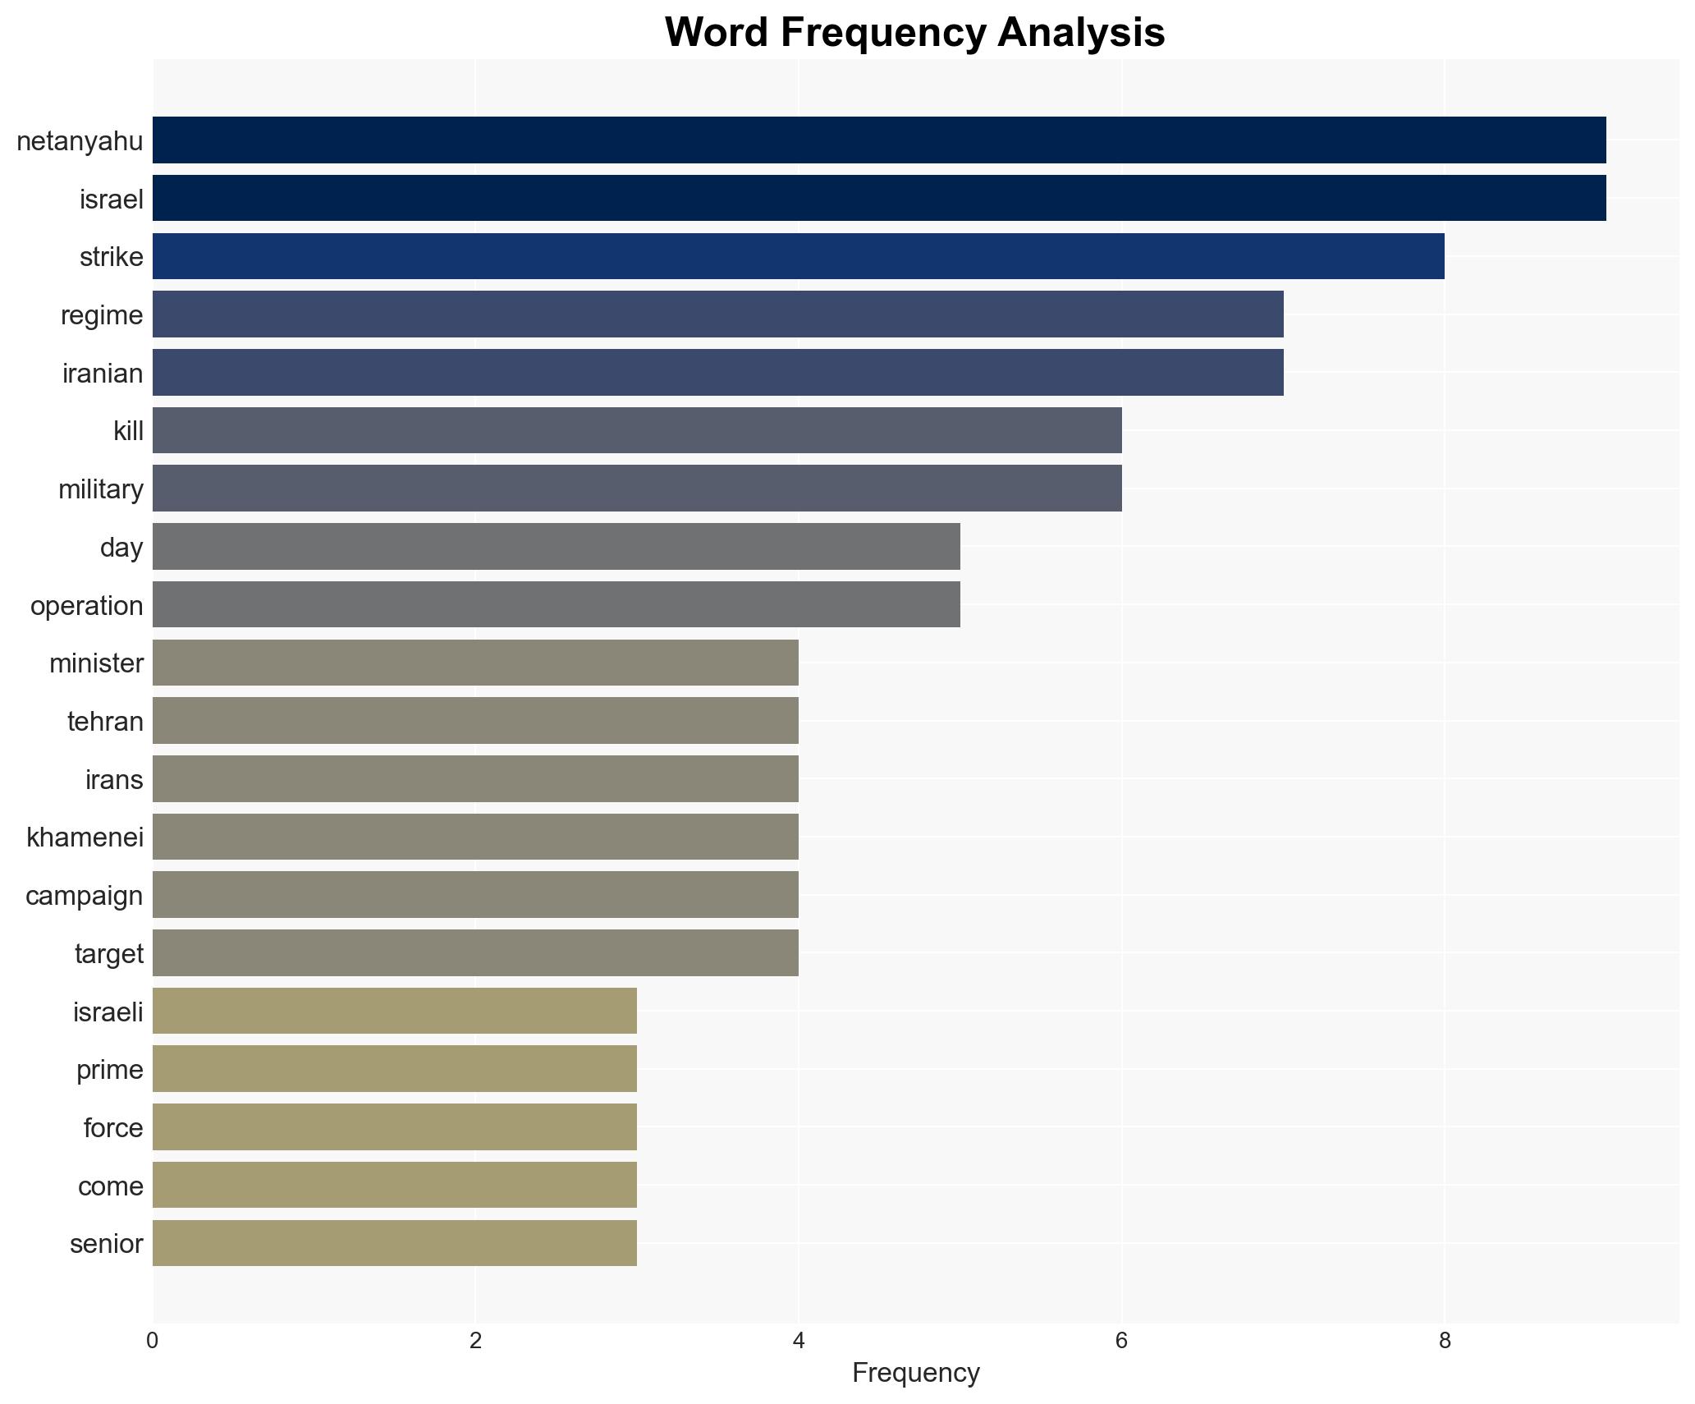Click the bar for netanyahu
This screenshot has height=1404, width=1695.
[x=878, y=140]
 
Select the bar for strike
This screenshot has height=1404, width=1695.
[x=798, y=256]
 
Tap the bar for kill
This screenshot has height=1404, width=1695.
[x=637, y=430]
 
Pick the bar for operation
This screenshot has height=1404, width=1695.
[x=556, y=604]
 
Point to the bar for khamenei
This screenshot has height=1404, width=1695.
[x=475, y=837]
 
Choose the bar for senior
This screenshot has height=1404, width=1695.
[x=394, y=1243]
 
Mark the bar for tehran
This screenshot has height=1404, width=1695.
[x=475, y=721]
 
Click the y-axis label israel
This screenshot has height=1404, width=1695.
[x=112, y=200]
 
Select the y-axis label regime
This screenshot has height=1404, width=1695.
[x=102, y=315]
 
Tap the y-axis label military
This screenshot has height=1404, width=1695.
[x=101, y=489]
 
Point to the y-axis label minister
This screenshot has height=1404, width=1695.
[x=96, y=663]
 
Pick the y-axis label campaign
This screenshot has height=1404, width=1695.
[x=85, y=896]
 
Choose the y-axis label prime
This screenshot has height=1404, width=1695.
[x=110, y=1070]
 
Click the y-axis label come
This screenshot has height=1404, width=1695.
[x=111, y=1186]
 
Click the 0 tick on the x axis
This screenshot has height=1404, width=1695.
[x=153, y=1341]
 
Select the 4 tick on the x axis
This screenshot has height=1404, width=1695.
[x=799, y=1341]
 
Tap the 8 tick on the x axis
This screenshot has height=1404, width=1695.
[x=1445, y=1341]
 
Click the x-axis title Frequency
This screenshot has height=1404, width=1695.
[x=915, y=1373]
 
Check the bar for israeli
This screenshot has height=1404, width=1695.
[x=394, y=1011]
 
